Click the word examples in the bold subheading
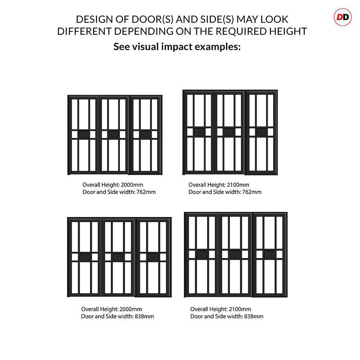tap(218, 47)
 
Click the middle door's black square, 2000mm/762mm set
tap(113, 134)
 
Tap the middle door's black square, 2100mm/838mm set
tap(234, 254)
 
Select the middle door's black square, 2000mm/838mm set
tap(118, 257)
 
